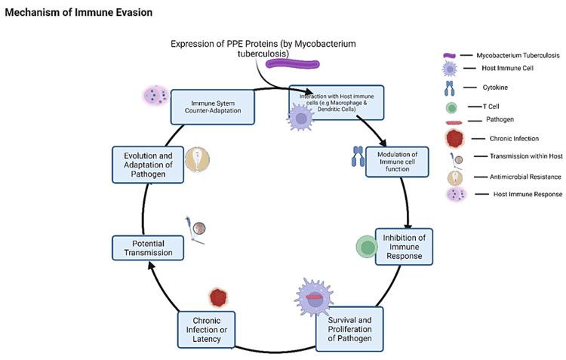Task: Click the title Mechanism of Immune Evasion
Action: (x=78, y=13)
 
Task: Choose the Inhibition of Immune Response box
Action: (x=404, y=246)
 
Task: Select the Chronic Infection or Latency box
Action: (x=206, y=329)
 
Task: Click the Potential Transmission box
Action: (x=148, y=248)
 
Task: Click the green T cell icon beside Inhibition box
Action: (x=368, y=247)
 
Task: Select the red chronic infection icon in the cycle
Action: (x=219, y=297)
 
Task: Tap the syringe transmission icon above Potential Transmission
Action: (x=195, y=228)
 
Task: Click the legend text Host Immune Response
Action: (x=515, y=195)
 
